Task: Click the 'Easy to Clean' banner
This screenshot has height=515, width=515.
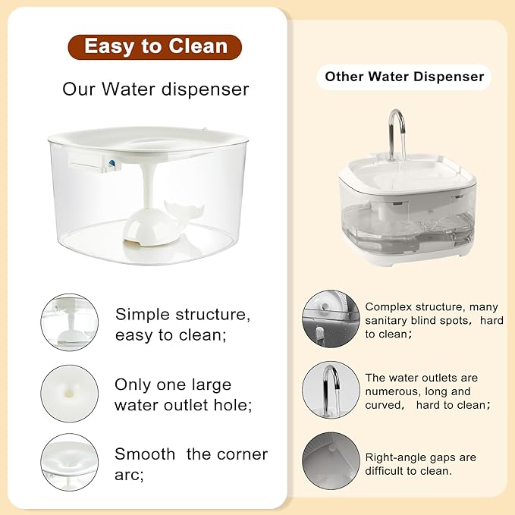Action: click(x=155, y=47)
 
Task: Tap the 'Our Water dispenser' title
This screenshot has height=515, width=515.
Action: click(x=155, y=89)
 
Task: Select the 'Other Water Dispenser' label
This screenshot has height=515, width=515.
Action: click(x=404, y=77)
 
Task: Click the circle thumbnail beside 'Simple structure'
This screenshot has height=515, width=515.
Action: click(x=70, y=322)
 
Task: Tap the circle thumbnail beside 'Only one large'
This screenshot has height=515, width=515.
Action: click(x=70, y=394)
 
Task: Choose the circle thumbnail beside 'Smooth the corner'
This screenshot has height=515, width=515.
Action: click(x=70, y=462)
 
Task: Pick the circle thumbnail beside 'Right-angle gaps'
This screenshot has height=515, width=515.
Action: click(x=331, y=460)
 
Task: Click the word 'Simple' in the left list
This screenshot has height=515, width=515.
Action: click(x=140, y=314)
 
